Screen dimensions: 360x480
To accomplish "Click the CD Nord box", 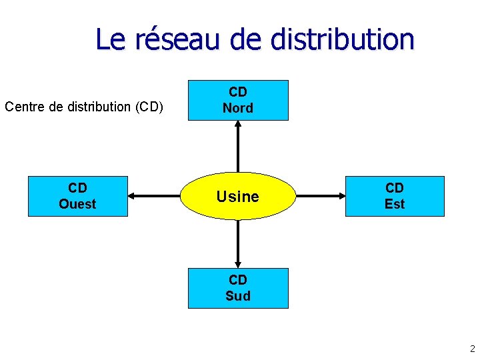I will (238, 100).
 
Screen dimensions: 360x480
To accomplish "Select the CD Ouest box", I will (77, 196).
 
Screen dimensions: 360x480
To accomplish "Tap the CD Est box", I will (395, 196).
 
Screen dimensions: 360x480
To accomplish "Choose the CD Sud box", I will (238, 288).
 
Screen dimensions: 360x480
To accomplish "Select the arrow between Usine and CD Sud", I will (238, 244).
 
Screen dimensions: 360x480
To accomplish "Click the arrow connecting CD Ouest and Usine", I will (155, 196).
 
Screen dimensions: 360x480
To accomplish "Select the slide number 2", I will (472, 348).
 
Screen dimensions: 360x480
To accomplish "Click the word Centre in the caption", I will (25, 107).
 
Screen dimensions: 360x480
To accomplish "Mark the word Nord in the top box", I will (238, 108).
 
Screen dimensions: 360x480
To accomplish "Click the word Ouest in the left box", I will (77, 204).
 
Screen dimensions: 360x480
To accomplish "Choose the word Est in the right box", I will (395, 204).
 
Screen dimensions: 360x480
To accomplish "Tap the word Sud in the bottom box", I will (238, 296).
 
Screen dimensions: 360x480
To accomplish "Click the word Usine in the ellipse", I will (238, 197).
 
